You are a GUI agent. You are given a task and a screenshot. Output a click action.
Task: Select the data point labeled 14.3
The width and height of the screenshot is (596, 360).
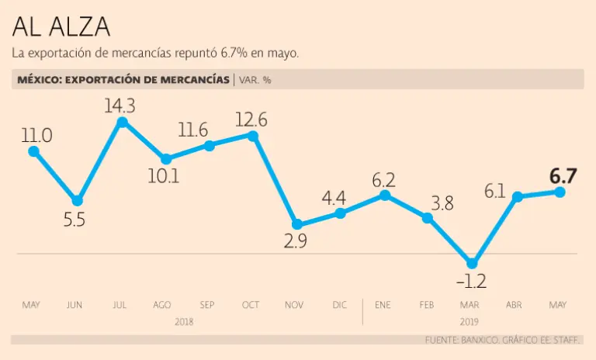click(x=122, y=122)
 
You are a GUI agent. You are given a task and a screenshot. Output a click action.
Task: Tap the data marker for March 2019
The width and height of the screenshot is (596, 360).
click(x=471, y=263)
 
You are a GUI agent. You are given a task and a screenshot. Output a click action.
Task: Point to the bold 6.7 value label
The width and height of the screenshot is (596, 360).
click(x=563, y=175)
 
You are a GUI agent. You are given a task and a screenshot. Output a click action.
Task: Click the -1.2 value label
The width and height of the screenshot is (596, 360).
click(x=471, y=282)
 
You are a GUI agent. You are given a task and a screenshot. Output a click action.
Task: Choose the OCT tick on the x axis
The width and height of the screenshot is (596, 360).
click(x=251, y=305)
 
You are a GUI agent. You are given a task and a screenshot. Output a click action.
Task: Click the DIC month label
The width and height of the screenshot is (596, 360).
click(x=340, y=305)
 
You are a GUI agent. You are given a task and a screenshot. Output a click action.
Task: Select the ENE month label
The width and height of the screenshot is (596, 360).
click(x=383, y=305)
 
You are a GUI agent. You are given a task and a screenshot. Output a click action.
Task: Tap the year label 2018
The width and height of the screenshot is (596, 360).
click(x=184, y=320)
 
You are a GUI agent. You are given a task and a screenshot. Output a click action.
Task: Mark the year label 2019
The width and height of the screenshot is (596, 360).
click(x=470, y=320)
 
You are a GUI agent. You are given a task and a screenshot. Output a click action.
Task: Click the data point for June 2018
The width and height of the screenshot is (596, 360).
click(x=78, y=201)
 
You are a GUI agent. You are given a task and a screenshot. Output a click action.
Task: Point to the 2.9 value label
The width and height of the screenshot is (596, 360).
click(x=296, y=241)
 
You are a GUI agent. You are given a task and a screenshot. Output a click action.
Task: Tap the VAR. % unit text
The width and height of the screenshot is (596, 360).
click(x=255, y=79)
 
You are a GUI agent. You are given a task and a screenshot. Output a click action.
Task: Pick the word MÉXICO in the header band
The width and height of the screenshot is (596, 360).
click(x=37, y=79)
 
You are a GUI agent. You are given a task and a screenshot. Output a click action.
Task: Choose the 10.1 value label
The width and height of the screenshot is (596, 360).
click(x=165, y=176)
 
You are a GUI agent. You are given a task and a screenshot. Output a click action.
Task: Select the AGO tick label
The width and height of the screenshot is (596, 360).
click(x=163, y=305)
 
